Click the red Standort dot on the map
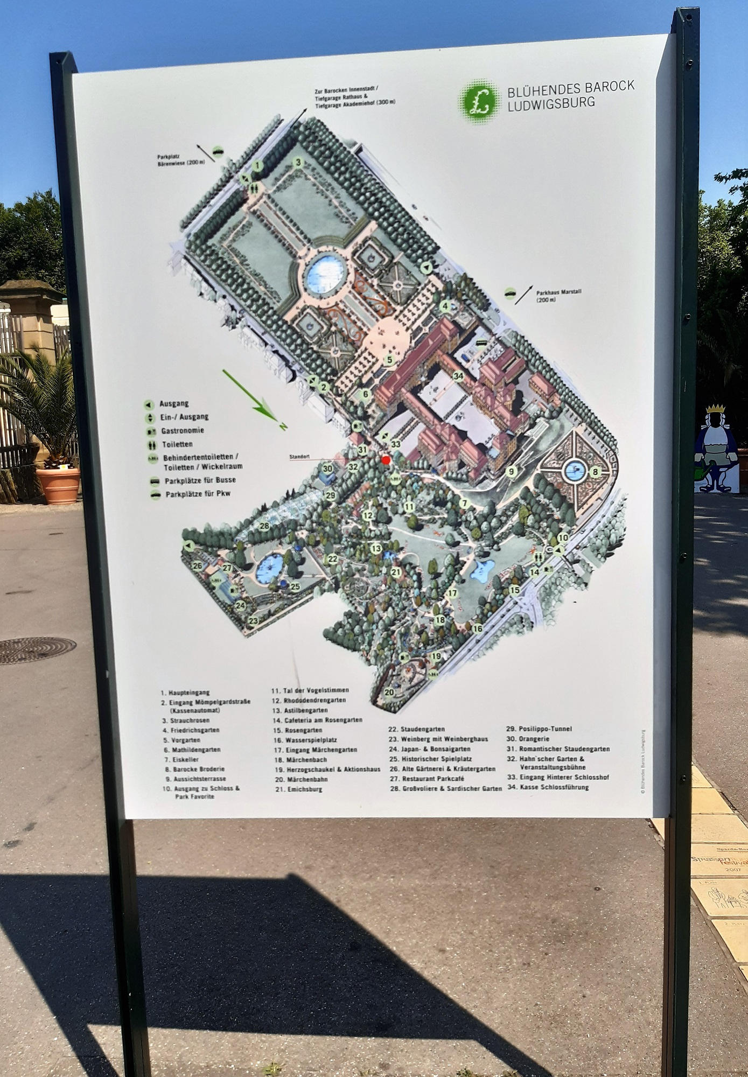386,459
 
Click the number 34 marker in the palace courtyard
458,375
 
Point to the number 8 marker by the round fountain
595,472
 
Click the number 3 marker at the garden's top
298,162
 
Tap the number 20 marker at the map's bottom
389,692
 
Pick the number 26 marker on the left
197,565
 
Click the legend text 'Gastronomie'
182,431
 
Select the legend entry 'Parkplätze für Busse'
200,480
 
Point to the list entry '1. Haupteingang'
185,693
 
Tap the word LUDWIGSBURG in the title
551,102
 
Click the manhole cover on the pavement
37,650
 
